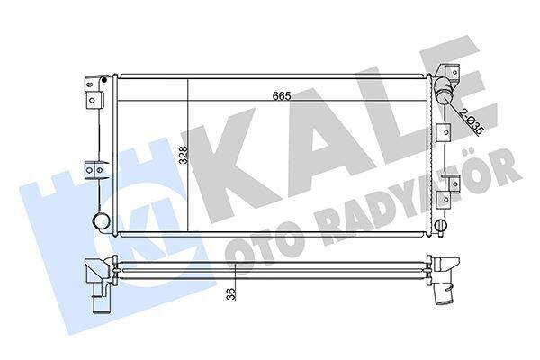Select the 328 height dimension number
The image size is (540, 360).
(183, 155)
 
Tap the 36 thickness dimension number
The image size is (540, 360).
(231, 292)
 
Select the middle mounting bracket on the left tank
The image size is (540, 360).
(93, 168)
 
